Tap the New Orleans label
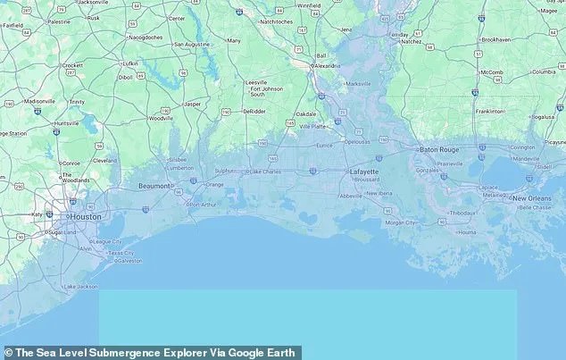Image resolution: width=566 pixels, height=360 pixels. point(531,197)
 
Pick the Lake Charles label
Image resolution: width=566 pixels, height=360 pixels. point(267,171)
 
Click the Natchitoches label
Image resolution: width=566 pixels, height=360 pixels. point(277,21)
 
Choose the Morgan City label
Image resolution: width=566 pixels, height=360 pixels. point(400,222)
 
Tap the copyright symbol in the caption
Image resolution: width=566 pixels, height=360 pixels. point(8,353)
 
